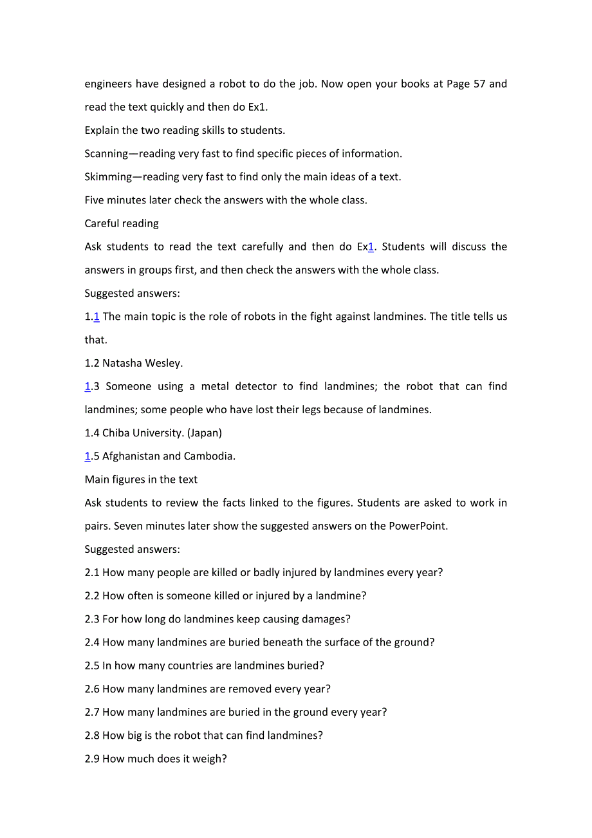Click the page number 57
pyautogui.click(x=479, y=84)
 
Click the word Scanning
pyautogui.click(x=106, y=154)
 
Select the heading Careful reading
pyautogui.click(x=122, y=223)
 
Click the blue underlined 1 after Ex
pyautogui.click(x=371, y=247)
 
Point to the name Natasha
pyautogui.click(x=122, y=363)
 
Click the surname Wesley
pyautogui.click(x=163, y=363)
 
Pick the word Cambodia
pyautogui.click(x=209, y=456)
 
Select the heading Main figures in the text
pyautogui.click(x=141, y=480)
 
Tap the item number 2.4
pyautogui.click(x=92, y=642)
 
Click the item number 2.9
pyautogui.click(x=92, y=759)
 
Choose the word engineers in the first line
pyautogui.click(x=109, y=84)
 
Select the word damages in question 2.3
pyautogui.click(x=326, y=619)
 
